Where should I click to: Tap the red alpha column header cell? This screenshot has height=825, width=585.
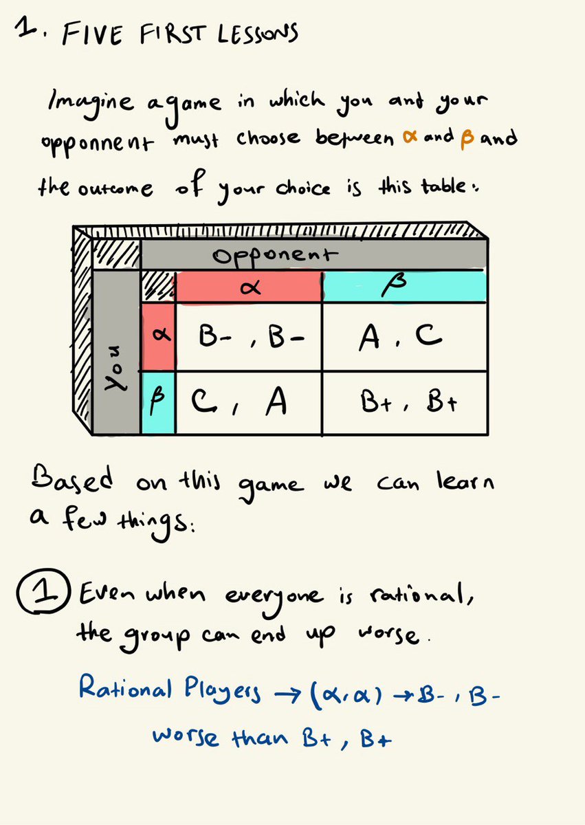click(249, 287)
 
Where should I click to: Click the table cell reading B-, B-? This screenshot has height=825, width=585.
click(249, 336)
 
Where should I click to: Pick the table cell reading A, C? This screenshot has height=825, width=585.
click(404, 336)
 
